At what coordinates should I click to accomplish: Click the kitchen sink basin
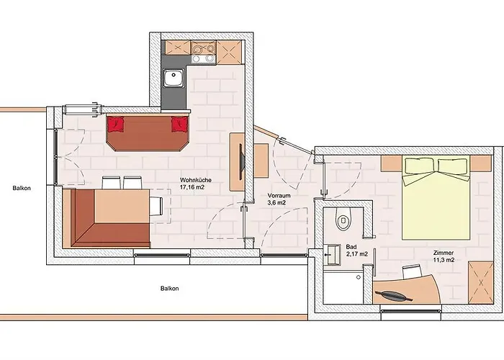point(174,78)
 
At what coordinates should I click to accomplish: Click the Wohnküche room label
point(196,180)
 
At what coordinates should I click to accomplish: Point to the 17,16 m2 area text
point(193,186)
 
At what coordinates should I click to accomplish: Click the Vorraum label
point(279,195)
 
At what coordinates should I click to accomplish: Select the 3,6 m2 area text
point(276,202)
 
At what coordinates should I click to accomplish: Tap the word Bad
point(351,247)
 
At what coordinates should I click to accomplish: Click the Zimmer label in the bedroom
point(444,253)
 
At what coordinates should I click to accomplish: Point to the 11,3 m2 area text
point(444,260)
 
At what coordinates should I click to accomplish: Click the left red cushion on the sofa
point(116,124)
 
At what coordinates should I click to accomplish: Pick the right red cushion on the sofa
point(179,124)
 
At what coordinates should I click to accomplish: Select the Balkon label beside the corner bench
point(22,188)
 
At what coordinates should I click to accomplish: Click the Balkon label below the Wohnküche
point(170,288)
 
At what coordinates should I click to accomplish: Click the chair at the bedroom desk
point(412,271)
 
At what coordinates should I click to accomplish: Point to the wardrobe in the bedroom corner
point(480,282)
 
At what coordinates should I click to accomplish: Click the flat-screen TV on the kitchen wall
point(242,162)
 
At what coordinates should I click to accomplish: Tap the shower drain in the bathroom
point(359,277)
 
